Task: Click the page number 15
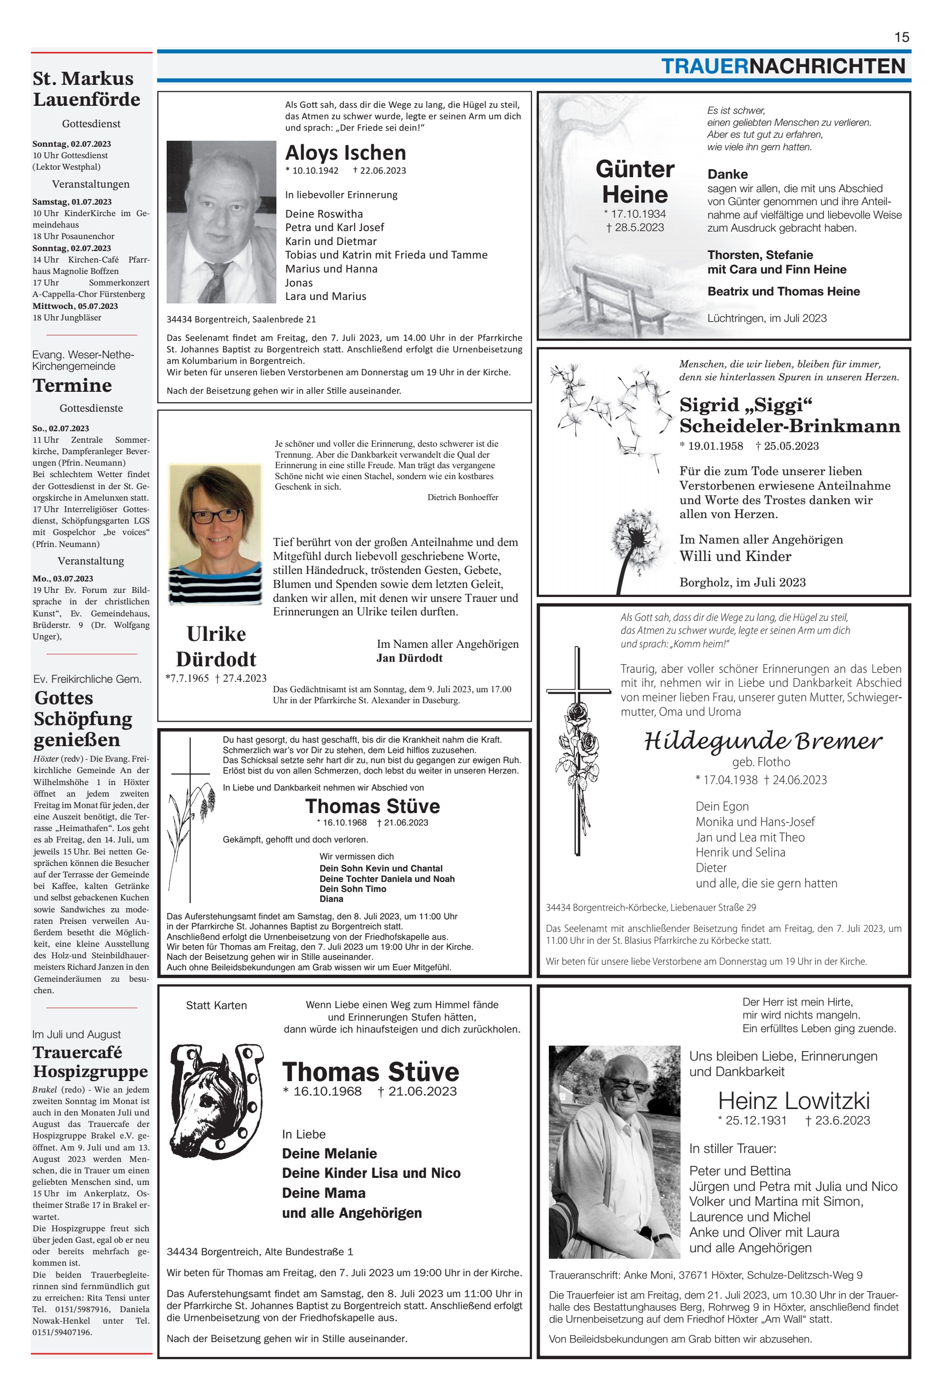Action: click(x=901, y=37)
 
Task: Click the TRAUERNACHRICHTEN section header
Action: click(x=783, y=66)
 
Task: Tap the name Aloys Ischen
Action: click(x=346, y=153)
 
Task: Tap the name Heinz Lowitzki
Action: click(x=793, y=1100)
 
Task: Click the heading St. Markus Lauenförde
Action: click(x=86, y=88)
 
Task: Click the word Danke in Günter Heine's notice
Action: click(x=727, y=174)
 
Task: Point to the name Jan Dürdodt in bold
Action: click(x=410, y=658)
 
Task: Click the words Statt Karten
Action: click(x=216, y=1005)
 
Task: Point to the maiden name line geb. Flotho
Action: click(x=760, y=762)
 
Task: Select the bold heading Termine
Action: click(x=72, y=385)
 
